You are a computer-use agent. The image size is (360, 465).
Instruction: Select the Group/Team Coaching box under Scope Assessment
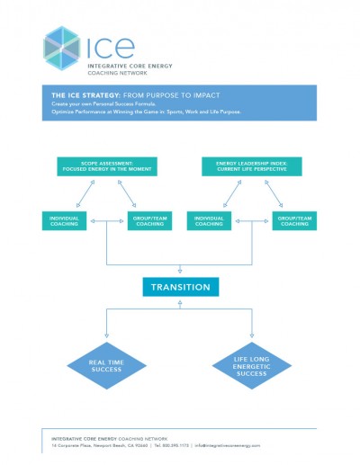(149, 221)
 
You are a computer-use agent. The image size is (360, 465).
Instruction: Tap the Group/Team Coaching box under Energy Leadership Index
(294, 221)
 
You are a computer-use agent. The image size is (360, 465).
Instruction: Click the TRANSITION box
(180, 288)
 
